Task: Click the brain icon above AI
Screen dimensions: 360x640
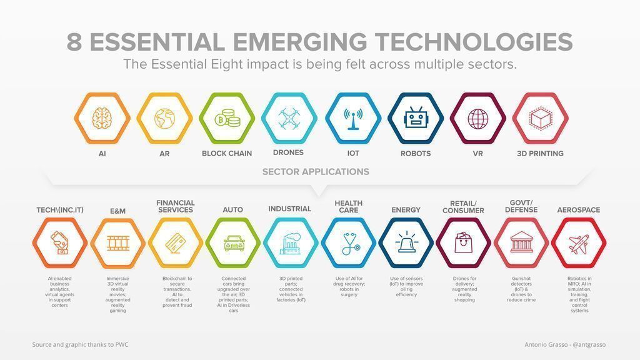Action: (102, 117)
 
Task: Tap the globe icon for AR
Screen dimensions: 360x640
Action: (164, 117)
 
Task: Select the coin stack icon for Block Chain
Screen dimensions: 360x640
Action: (226, 117)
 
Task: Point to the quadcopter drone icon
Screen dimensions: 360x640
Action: (289, 117)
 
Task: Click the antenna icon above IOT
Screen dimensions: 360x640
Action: (352, 117)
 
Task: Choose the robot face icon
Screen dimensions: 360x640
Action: (415, 117)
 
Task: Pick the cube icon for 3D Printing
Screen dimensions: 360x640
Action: (539, 117)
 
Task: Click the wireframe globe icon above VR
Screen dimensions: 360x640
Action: (478, 117)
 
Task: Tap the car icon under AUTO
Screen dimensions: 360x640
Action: (233, 242)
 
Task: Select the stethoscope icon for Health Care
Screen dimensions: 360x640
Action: (349, 244)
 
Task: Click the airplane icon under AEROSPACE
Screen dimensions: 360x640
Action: (579, 242)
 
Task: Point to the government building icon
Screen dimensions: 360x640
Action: (521, 242)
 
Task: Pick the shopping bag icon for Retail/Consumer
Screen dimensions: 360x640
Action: (463, 242)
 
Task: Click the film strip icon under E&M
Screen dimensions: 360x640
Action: (117, 242)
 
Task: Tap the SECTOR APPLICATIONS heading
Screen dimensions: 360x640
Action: (316, 172)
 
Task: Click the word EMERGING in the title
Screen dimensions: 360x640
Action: (299, 42)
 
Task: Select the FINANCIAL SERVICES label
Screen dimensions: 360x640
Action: (175, 206)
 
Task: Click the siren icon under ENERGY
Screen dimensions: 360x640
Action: (406, 242)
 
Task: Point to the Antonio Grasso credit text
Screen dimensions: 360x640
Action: (565, 344)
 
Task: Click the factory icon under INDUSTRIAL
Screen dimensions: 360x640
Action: (291, 242)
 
